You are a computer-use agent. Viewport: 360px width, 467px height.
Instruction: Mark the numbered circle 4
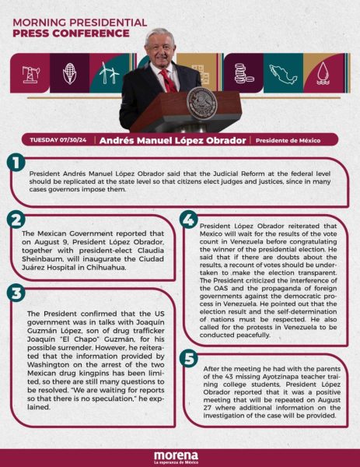pos(188,220)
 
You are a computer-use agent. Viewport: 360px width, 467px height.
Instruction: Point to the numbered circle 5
pos(188,358)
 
